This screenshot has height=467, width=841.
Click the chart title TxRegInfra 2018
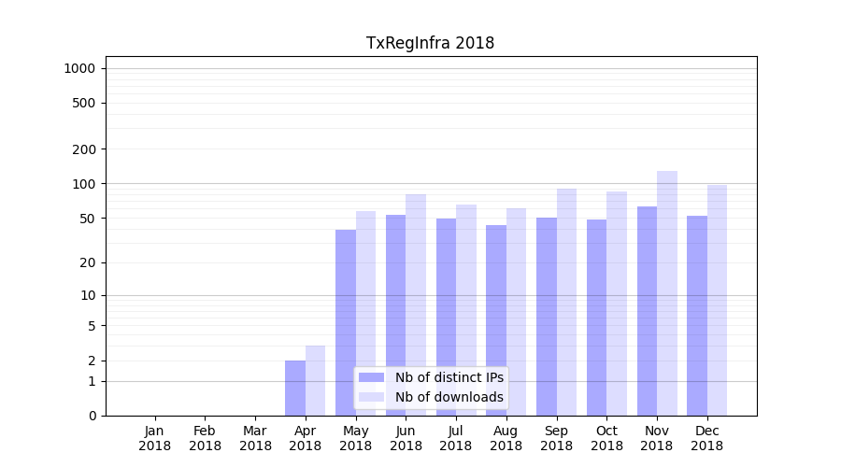(x=430, y=43)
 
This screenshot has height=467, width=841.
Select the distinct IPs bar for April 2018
(x=295, y=388)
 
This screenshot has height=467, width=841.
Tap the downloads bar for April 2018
(x=316, y=380)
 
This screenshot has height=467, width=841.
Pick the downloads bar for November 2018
(x=667, y=293)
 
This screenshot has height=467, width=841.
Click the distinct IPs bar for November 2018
(x=647, y=311)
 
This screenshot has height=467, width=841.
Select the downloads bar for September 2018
(x=566, y=302)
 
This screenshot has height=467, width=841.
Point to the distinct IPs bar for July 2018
(x=446, y=317)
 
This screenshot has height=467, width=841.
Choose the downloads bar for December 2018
(x=717, y=300)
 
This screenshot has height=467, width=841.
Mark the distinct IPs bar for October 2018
(x=596, y=318)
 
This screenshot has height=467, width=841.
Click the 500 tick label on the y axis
(x=84, y=103)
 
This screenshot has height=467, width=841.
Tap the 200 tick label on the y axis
(x=84, y=149)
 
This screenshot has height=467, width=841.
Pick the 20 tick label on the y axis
(x=88, y=262)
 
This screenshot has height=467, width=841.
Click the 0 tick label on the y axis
(x=92, y=416)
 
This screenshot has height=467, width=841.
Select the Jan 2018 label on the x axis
(x=155, y=438)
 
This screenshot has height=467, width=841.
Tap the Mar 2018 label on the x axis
(x=255, y=438)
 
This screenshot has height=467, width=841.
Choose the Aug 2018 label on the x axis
(x=506, y=438)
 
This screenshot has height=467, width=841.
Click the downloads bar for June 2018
(x=416, y=304)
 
